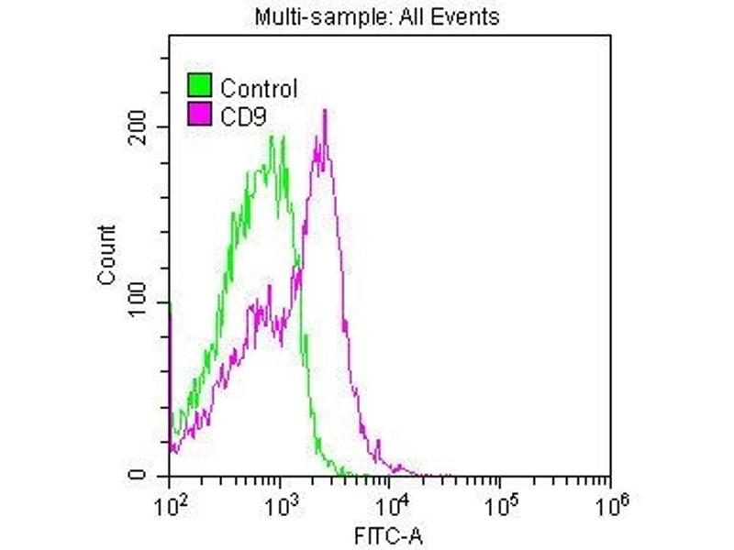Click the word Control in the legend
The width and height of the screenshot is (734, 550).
(259, 88)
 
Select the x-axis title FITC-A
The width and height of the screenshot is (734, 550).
(389, 533)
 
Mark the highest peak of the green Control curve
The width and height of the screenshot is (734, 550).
(272, 137)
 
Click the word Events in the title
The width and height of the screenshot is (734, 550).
(470, 17)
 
